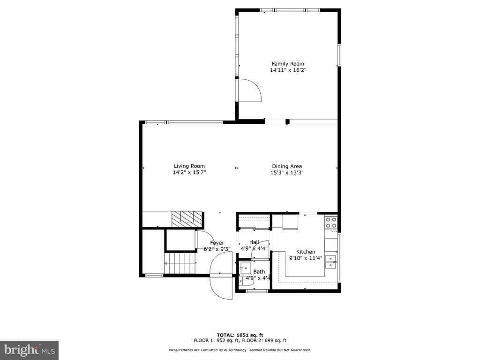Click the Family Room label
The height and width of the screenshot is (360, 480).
[288, 64]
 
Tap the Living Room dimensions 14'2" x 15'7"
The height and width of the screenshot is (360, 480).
[189, 172]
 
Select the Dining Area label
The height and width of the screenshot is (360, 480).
[287, 166]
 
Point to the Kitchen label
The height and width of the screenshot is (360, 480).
[306, 252]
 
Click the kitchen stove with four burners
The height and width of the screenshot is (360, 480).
[331, 223]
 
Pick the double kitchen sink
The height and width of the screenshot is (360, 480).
[331, 262]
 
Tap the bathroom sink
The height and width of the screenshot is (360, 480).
[245, 269]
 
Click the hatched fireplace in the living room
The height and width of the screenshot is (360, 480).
[187, 219]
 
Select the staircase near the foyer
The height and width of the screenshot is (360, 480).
[180, 263]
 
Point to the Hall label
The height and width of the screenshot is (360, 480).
[254, 242]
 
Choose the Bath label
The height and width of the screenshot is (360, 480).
[259, 271]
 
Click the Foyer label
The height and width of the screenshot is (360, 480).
[217, 243]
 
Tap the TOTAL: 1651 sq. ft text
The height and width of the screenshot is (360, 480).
[240, 335]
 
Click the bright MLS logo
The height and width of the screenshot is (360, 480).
[30, 350]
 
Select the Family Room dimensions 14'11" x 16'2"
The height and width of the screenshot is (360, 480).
[288, 70]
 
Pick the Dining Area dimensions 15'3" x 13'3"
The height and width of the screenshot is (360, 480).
[287, 172]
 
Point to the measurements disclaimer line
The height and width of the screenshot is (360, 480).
[240, 350]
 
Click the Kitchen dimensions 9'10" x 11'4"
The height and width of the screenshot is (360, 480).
[306, 258]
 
